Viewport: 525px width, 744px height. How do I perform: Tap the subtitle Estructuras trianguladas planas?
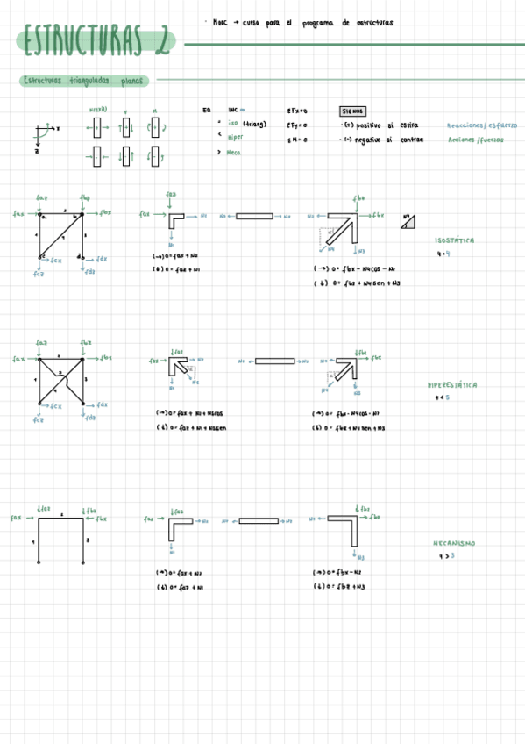[x=84, y=81]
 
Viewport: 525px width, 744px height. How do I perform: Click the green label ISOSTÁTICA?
[x=455, y=240]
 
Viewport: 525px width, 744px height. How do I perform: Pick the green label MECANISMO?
[x=455, y=543]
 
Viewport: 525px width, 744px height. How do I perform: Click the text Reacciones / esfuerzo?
[x=481, y=125]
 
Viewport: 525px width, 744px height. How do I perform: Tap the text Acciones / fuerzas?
[x=475, y=139]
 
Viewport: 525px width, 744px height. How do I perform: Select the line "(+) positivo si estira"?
[x=381, y=125]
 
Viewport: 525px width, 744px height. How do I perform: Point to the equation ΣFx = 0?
[x=297, y=111]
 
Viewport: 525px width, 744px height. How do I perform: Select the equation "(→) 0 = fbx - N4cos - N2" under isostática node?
[x=356, y=269]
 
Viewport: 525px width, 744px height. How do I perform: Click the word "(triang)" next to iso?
[x=255, y=124]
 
